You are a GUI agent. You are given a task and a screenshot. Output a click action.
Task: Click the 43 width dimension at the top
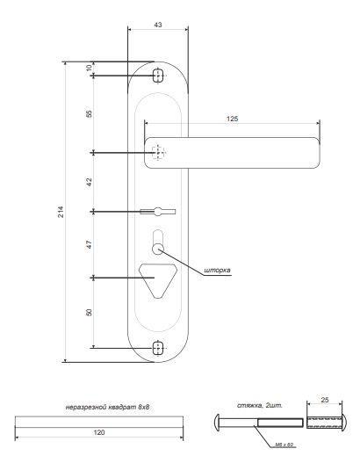(157, 25)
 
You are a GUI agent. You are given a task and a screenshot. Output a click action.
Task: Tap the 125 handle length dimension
(232, 117)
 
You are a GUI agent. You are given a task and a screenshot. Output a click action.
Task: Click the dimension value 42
(89, 183)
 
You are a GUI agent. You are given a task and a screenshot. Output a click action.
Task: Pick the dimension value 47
(89, 245)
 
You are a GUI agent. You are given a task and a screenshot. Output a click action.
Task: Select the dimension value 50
(89, 314)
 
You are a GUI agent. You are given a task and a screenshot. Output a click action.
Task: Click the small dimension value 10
(89, 69)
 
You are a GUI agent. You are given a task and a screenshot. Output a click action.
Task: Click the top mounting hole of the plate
(158, 74)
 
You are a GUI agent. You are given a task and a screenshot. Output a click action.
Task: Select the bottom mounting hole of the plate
(158, 348)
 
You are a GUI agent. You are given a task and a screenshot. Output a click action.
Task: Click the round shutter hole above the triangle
(158, 250)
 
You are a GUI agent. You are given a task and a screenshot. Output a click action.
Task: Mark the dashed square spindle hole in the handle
(158, 153)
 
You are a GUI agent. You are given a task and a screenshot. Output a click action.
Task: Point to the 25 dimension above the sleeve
(326, 401)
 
